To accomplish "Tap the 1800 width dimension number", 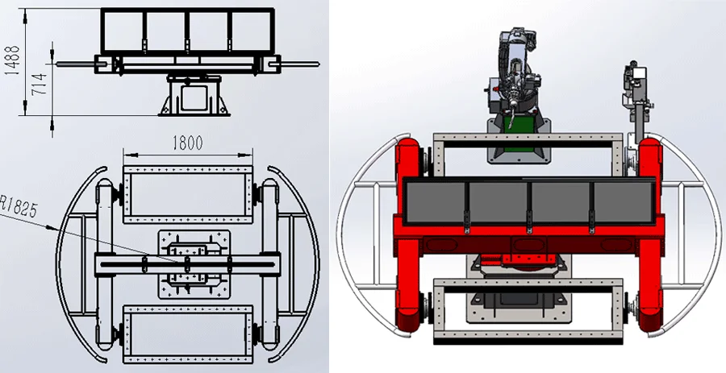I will click(186, 143).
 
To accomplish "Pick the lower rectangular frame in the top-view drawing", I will click(186, 331).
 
